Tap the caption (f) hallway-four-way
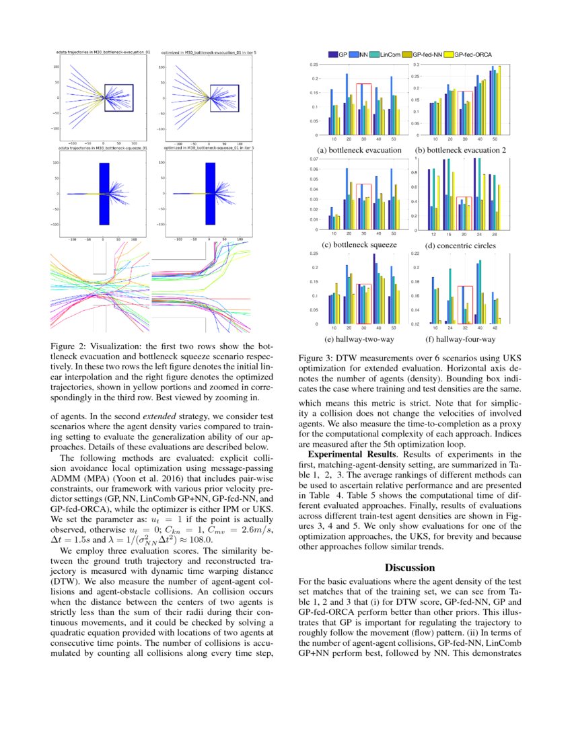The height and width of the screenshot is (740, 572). (460, 340)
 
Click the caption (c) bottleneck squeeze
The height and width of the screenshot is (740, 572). (357, 246)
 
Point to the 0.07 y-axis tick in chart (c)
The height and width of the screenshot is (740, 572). (314, 159)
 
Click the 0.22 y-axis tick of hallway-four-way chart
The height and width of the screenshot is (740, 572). (415, 254)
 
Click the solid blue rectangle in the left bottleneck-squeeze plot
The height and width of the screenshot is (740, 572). (104, 194)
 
